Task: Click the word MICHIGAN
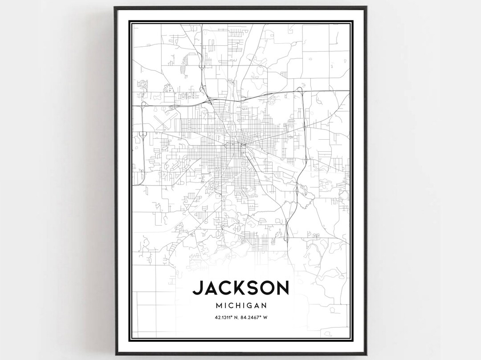pyautogui.click(x=241, y=306)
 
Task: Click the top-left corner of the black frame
pyautogui.click(x=114, y=7)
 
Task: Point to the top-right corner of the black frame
pyautogui.click(x=367, y=7)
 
